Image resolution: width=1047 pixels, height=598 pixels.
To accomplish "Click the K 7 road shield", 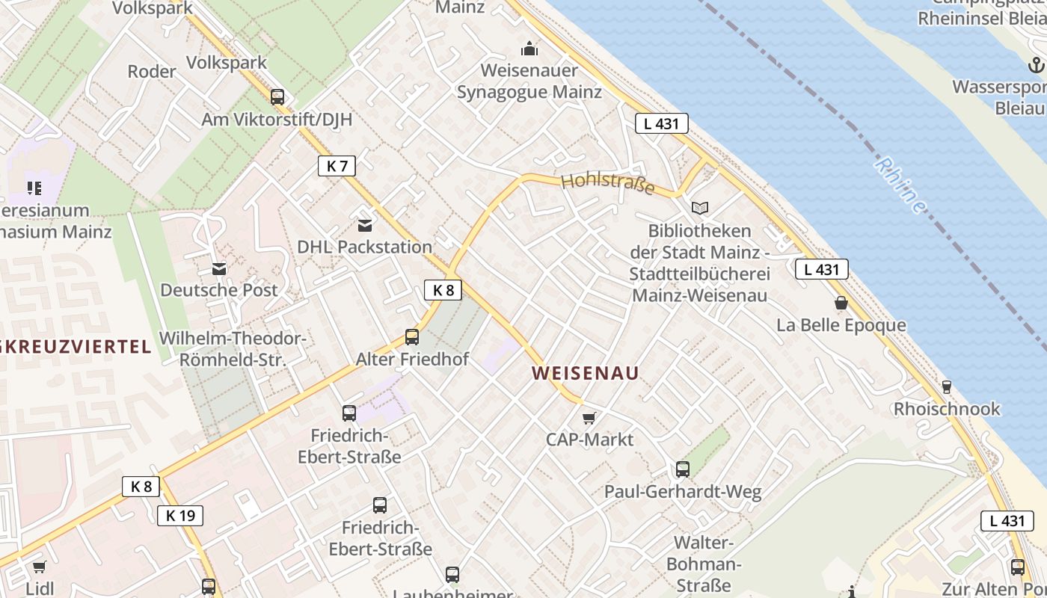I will point(337,165).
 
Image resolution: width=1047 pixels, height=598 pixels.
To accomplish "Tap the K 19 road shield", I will point(180,515).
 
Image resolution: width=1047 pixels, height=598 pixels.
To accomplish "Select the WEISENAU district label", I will point(586,372).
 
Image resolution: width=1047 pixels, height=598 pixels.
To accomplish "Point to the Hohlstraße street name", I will point(607,183).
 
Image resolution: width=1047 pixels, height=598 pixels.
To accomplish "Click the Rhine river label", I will point(901,185).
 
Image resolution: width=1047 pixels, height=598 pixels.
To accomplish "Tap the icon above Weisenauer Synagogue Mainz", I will point(529,49).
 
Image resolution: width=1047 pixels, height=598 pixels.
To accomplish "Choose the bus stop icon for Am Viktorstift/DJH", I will point(277,96).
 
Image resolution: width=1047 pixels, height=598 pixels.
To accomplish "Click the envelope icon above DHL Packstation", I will point(365,225).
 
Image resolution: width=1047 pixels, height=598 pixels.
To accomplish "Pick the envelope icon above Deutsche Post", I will point(219,268).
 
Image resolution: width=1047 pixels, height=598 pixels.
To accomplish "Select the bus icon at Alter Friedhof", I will point(412,337).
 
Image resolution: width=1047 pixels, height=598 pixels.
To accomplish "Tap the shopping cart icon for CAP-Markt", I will point(589,418).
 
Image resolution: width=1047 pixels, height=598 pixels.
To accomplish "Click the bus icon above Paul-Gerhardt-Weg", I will point(683,469).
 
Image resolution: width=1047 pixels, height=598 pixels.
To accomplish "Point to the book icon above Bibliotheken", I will point(700,209).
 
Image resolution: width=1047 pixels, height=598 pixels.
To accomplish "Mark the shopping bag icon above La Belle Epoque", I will point(841,303).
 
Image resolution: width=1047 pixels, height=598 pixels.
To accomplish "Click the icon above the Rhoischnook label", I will point(947,386).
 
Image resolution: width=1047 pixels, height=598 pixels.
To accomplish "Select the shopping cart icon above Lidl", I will point(40,567).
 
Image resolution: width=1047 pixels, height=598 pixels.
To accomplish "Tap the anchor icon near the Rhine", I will point(1036,66).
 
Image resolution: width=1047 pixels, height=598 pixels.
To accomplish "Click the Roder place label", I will point(152,72).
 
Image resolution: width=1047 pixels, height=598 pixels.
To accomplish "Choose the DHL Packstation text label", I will point(365,247).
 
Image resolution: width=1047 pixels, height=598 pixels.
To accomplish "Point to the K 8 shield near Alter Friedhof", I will point(443,289).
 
